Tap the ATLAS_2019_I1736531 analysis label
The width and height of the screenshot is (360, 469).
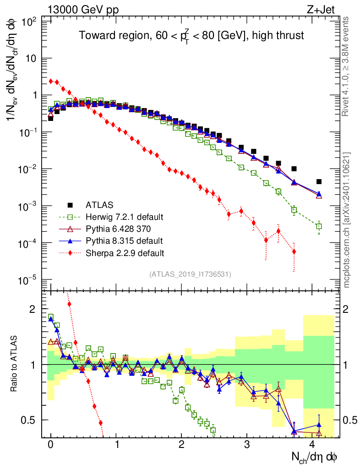coord(190,274)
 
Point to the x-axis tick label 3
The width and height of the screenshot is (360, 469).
coord(247,445)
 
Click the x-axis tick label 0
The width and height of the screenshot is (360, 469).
coord(50,445)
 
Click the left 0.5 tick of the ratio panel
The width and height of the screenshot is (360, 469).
coord(32,420)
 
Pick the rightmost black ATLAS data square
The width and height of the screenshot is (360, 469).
coord(319,181)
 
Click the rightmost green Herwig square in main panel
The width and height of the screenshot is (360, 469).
coord(319,226)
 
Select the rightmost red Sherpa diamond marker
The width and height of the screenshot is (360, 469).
coord(294,251)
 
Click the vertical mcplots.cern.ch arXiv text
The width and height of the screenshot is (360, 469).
coord(348,220)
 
